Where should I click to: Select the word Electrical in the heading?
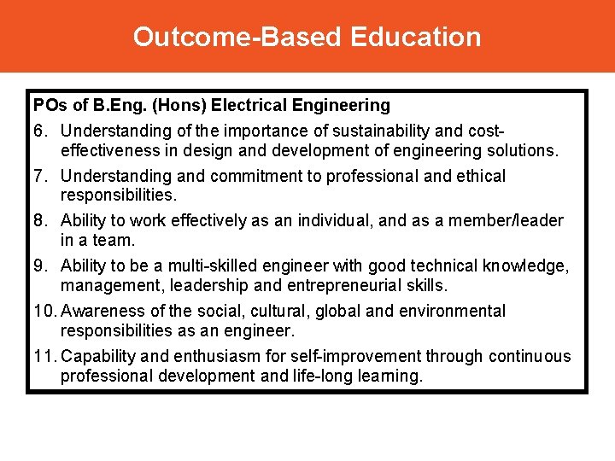pyautogui.click(x=249, y=106)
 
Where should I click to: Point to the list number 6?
pyautogui.click(x=39, y=131)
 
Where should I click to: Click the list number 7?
pyautogui.click(x=39, y=176)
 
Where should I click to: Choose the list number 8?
pyautogui.click(x=39, y=221)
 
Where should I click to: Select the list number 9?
pyautogui.click(x=39, y=266)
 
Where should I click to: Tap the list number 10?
pyautogui.click(x=44, y=312)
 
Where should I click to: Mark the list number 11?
pyautogui.click(x=44, y=357)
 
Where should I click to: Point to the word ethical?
pyautogui.click(x=476, y=176)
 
